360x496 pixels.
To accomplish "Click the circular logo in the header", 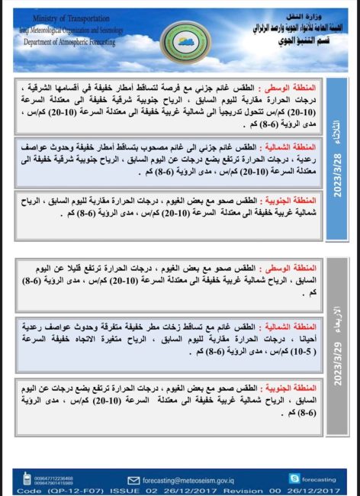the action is point(181,34).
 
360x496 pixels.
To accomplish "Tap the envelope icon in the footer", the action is point(134,481).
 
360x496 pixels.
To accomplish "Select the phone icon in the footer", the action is point(27,479).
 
